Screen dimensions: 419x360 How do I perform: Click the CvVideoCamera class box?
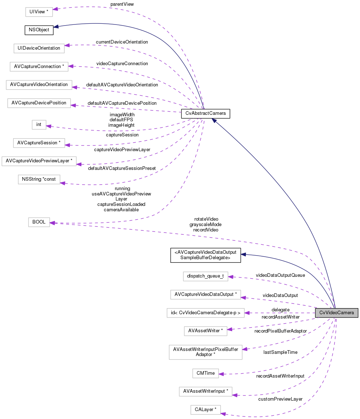(x=337, y=313)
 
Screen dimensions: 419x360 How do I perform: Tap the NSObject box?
(x=39, y=30)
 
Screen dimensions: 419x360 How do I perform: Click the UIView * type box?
(x=39, y=12)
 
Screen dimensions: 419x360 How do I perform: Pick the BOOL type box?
(x=39, y=222)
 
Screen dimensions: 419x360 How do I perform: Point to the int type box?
(x=39, y=125)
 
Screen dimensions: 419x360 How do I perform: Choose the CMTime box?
(x=206, y=373)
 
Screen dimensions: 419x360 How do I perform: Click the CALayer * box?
(x=205, y=410)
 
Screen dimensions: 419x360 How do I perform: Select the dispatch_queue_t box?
(x=205, y=276)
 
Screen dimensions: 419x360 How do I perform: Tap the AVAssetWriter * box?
(x=205, y=330)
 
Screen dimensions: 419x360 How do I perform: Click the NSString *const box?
(x=39, y=179)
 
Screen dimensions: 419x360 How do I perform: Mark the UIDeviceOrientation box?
(x=39, y=48)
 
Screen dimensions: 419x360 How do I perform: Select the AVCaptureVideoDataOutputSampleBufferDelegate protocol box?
(x=205, y=255)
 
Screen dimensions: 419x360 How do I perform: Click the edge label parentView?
(x=122, y=4)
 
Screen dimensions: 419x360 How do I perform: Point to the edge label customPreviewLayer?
(x=280, y=399)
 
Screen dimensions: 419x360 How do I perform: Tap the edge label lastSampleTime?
(x=280, y=352)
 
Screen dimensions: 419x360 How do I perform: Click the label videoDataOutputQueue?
(x=280, y=275)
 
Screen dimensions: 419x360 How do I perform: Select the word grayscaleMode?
(x=206, y=224)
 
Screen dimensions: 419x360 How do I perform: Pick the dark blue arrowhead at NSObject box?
(x=57, y=26)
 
